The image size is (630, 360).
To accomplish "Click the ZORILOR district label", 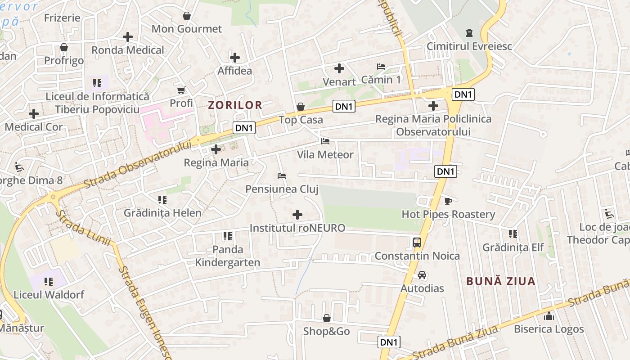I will [x=235, y=105].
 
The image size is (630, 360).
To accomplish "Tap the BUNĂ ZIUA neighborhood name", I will [x=501, y=281].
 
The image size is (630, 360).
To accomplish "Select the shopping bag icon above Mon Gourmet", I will [x=187, y=16].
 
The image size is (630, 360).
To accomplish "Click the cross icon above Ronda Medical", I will [x=128, y=37].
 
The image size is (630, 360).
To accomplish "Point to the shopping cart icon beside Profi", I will [x=181, y=90].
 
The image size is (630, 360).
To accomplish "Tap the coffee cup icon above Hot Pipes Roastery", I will [x=448, y=201].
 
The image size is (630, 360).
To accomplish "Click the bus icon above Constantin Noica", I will [x=417, y=243].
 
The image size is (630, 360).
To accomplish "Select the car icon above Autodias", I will [x=422, y=275].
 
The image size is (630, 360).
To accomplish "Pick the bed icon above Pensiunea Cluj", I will [x=282, y=175].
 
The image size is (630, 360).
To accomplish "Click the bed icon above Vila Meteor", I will [x=325, y=141].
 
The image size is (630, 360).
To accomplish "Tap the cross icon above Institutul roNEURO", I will [x=297, y=215].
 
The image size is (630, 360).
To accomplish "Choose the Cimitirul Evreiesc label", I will [x=469, y=46].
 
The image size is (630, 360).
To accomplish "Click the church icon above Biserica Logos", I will [x=549, y=316].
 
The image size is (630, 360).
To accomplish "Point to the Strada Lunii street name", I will [x=84, y=229].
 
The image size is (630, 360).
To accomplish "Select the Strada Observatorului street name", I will [x=138, y=164].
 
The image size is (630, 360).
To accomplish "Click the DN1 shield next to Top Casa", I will [x=344, y=106].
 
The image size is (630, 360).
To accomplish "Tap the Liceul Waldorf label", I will [x=49, y=295].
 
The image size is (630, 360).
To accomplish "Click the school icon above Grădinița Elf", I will [x=513, y=234].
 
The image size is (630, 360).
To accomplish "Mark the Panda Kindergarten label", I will [x=227, y=256].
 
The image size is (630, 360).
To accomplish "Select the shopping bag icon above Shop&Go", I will [x=327, y=318].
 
